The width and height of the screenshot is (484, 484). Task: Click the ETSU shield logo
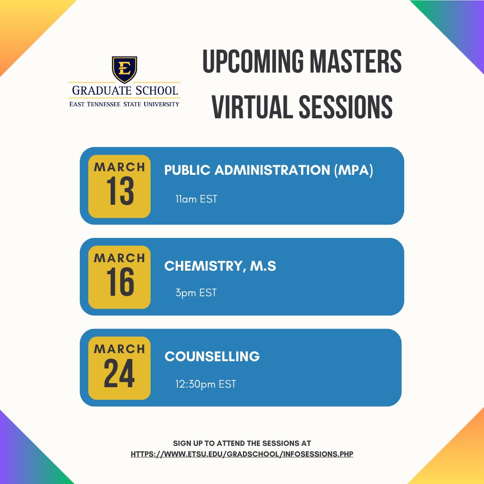[x=124, y=69]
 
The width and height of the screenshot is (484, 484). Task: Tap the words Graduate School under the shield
[x=124, y=91]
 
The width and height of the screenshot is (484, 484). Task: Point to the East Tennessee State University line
[x=124, y=104]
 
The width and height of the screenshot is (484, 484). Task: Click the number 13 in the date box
[x=120, y=192]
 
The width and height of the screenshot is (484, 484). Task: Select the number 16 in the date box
[x=120, y=283]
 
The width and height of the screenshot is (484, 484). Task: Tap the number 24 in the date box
[x=120, y=374]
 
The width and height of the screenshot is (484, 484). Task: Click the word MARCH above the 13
[x=120, y=167]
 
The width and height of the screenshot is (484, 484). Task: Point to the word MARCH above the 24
[x=120, y=349]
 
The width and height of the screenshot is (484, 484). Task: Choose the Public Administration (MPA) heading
[x=268, y=170]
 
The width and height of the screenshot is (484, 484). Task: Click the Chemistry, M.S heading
[x=220, y=266]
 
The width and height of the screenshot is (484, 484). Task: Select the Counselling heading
[x=212, y=357]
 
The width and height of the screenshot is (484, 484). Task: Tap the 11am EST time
[x=196, y=199]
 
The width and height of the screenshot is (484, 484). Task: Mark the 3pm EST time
[x=196, y=293]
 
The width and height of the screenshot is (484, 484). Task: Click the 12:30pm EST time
[x=206, y=384]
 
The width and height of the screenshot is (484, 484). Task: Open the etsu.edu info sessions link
[x=242, y=454]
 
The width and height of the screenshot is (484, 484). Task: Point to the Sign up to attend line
[x=242, y=443]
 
